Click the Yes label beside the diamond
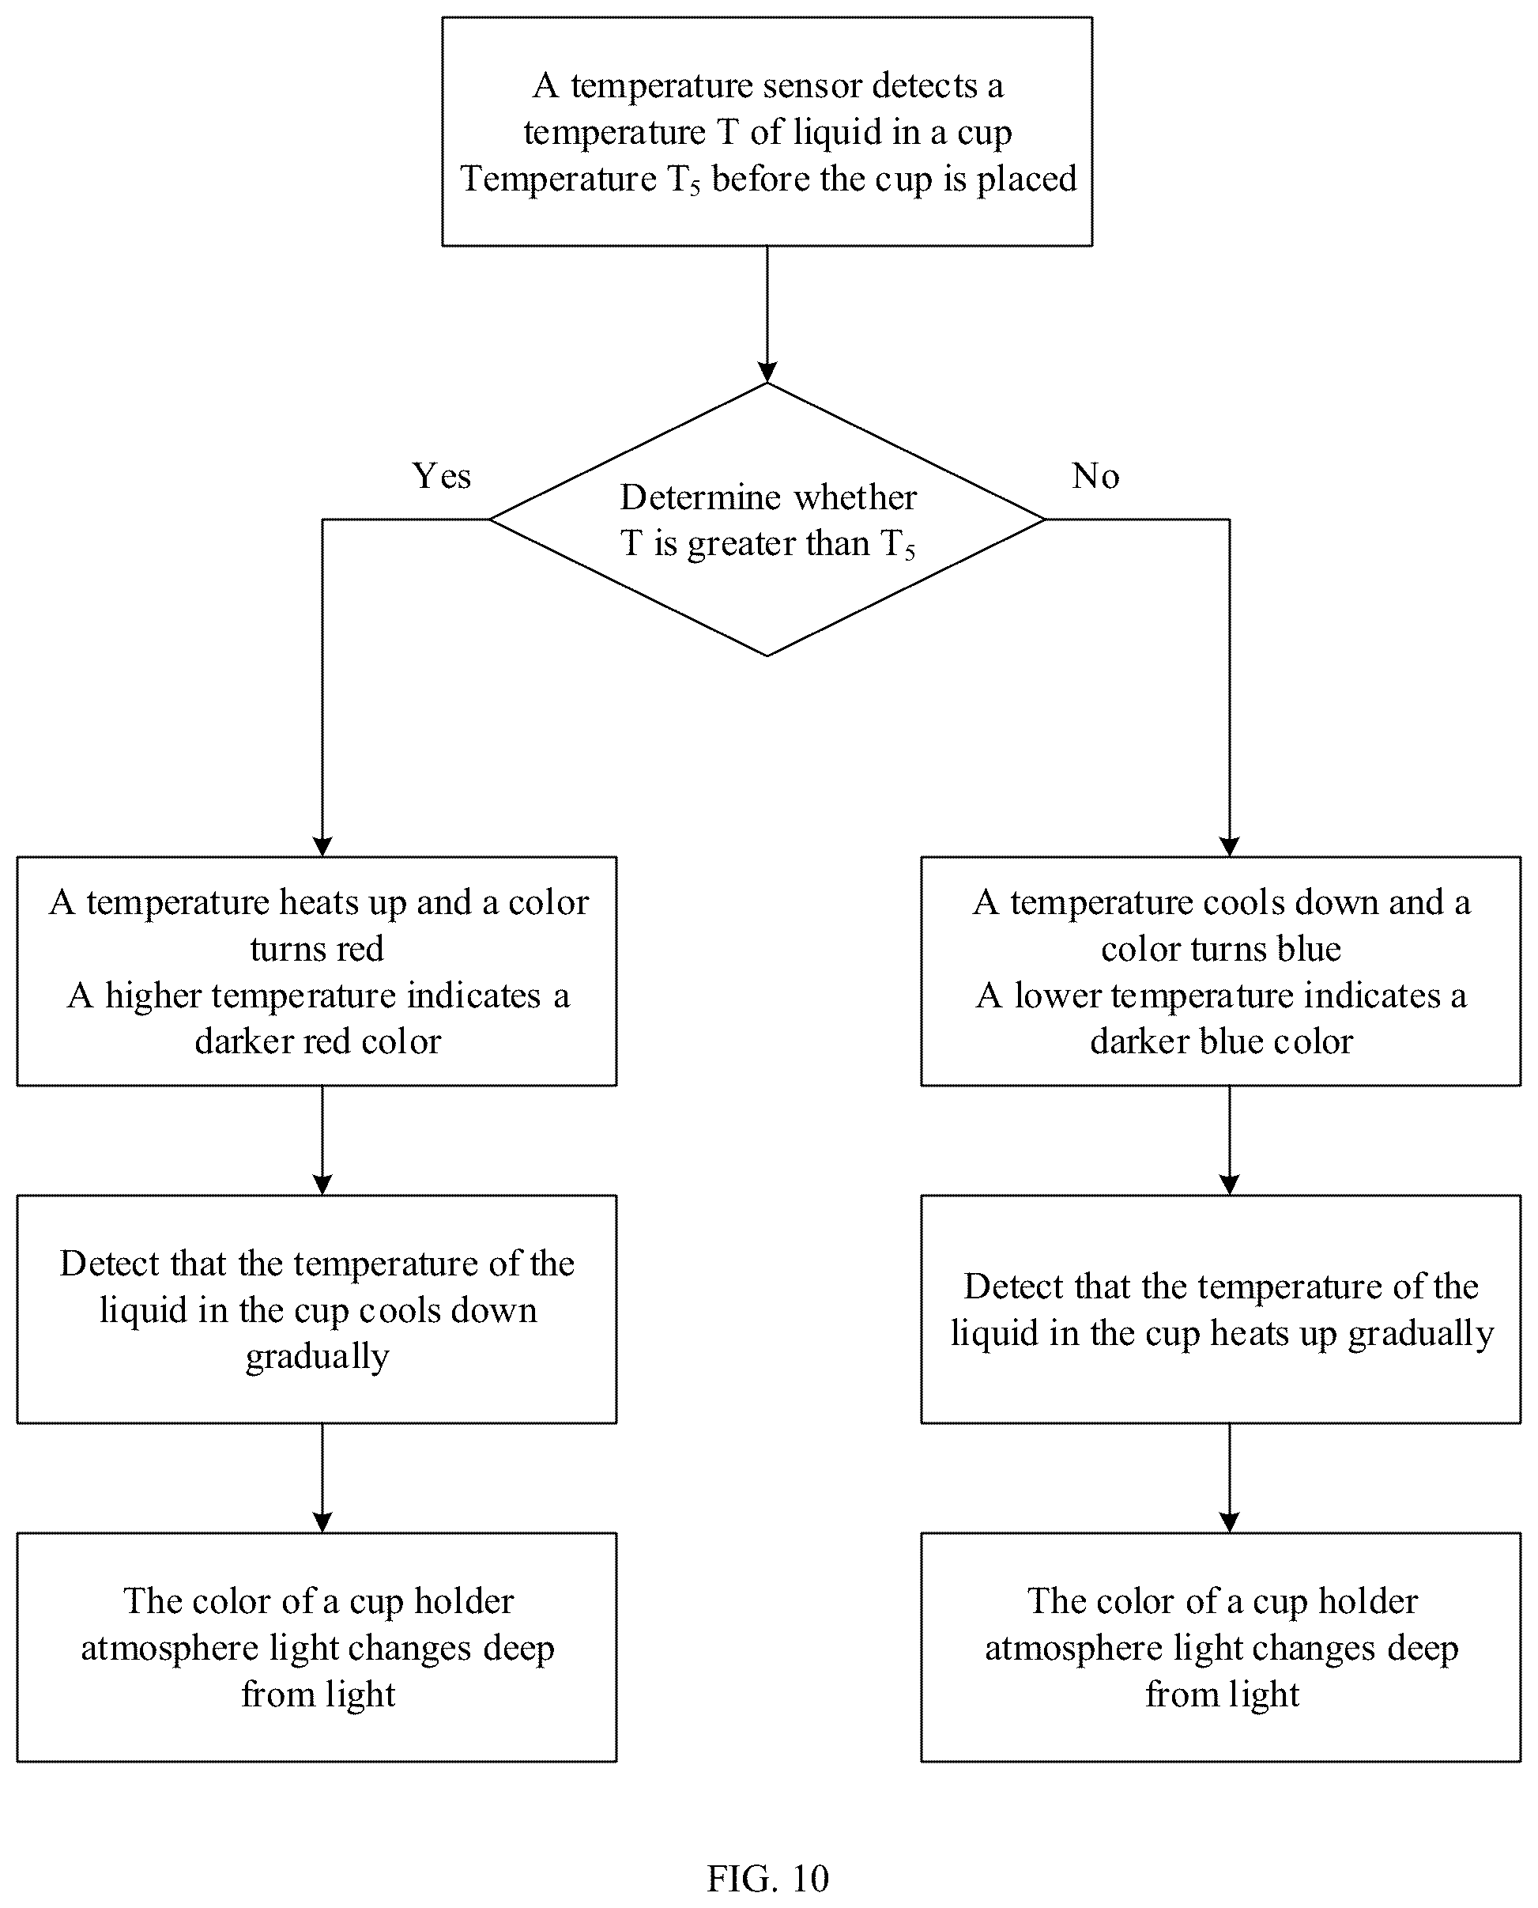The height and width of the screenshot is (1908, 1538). [x=441, y=476]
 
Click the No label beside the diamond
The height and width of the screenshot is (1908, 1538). [x=1095, y=476]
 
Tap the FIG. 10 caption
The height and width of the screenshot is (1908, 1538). [x=767, y=1878]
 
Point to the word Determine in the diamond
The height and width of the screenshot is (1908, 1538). [x=701, y=497]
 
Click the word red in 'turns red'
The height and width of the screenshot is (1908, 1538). [x=360, y=949]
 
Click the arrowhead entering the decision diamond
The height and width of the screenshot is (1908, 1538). [x=767, y=372]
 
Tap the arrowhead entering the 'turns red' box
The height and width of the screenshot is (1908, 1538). [x=322, y=846]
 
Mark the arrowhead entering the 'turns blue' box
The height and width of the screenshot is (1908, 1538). [x=1229, y=846]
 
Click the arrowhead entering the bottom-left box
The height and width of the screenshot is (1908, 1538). [x=322, y=1522]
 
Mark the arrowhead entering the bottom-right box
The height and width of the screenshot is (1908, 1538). [x=1229, y=1522]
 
